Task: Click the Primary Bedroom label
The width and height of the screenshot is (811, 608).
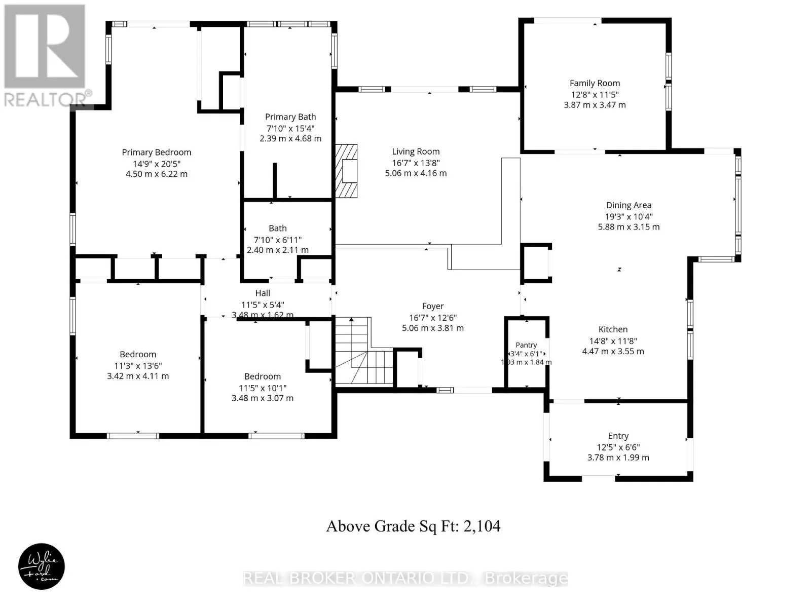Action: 156,152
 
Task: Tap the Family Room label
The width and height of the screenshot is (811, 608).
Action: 595,83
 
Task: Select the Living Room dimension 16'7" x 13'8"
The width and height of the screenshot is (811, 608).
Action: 416,163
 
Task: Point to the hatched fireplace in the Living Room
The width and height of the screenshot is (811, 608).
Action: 346,171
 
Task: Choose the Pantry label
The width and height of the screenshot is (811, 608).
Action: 526,345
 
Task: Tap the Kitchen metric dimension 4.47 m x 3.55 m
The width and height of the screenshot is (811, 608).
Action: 613,351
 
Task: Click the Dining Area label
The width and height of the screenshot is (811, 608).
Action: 629,205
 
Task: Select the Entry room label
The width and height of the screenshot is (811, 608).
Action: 618,436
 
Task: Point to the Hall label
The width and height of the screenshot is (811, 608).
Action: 263,293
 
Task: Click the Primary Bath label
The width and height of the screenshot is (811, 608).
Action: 290,117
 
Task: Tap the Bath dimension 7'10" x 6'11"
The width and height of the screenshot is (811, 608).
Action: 277,239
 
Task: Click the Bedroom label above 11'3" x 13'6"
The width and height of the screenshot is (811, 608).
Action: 138,354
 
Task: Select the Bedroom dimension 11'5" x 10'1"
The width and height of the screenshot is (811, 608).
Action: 263,388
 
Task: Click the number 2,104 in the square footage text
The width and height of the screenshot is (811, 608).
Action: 482,526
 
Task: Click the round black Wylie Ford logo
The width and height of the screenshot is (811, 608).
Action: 42,566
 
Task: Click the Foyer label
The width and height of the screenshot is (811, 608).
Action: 433,306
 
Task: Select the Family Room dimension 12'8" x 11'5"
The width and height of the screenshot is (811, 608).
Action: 595,94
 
